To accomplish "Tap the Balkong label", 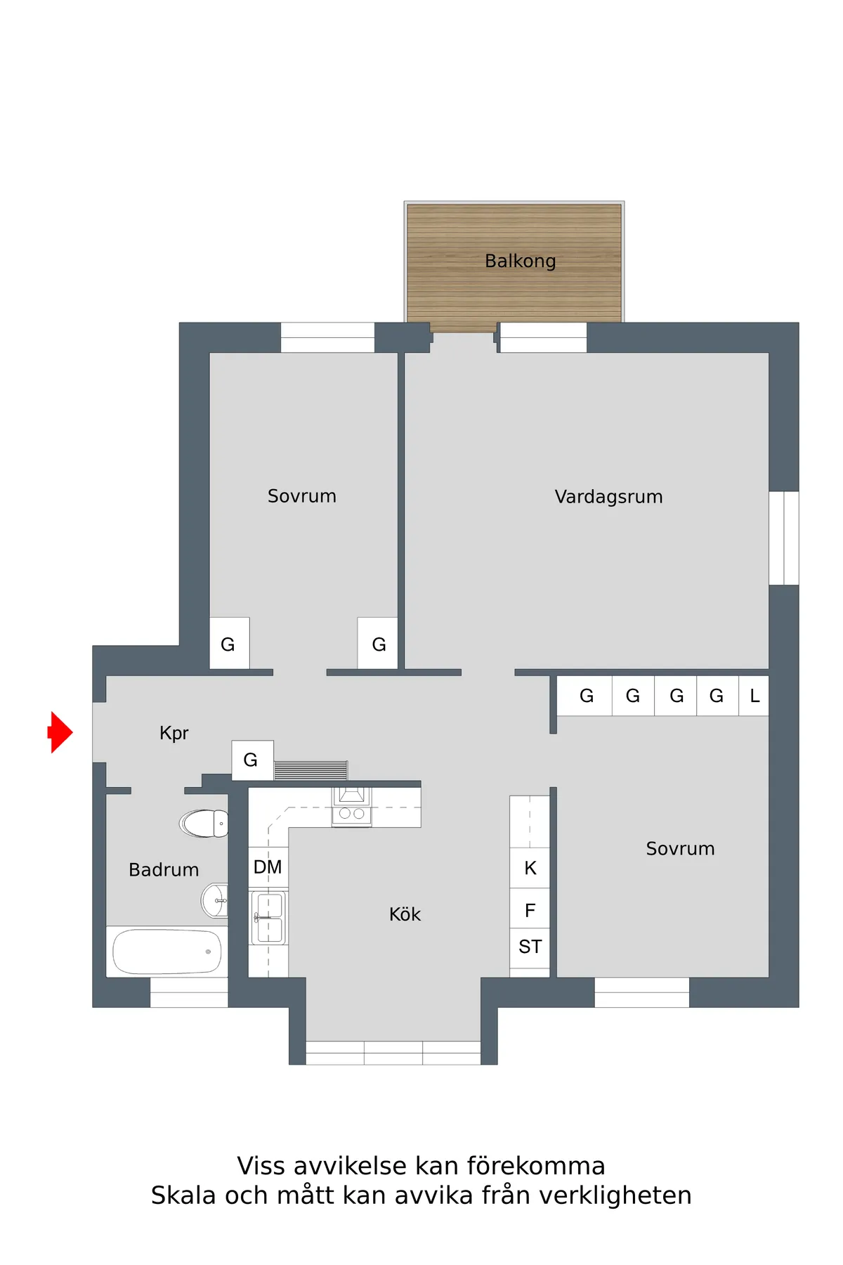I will coord(520,261).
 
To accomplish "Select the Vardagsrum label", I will coord(608,497).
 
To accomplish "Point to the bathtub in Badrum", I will coord(167,952).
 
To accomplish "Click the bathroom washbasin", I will coord(215,900).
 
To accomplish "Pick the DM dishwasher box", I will coord(268,867).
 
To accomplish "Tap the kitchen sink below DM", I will coord(268,917).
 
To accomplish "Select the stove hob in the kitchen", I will coord(352,814).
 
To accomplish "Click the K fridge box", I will coord(530,868).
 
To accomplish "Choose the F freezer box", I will coord(530,910).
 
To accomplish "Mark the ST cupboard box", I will coord(530,947).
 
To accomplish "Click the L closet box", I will coord(754,696).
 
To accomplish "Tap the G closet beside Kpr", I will coord(251,760).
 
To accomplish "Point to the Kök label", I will coord(405,914).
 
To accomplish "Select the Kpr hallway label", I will coord(174,733).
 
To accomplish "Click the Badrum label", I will coord(164,870).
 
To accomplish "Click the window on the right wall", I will coord(784,538).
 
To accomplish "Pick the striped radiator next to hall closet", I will coord(311,770).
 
